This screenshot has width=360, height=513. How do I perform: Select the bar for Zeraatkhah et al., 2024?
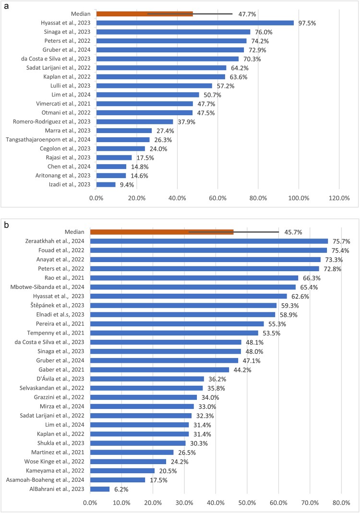click(209, 241)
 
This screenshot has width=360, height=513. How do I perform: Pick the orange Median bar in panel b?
click(162, 232)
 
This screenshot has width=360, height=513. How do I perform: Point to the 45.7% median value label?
click(293, 232)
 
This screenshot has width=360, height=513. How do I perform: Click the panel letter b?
click(6, 224)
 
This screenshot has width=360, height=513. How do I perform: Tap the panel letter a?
click(6, 4)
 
